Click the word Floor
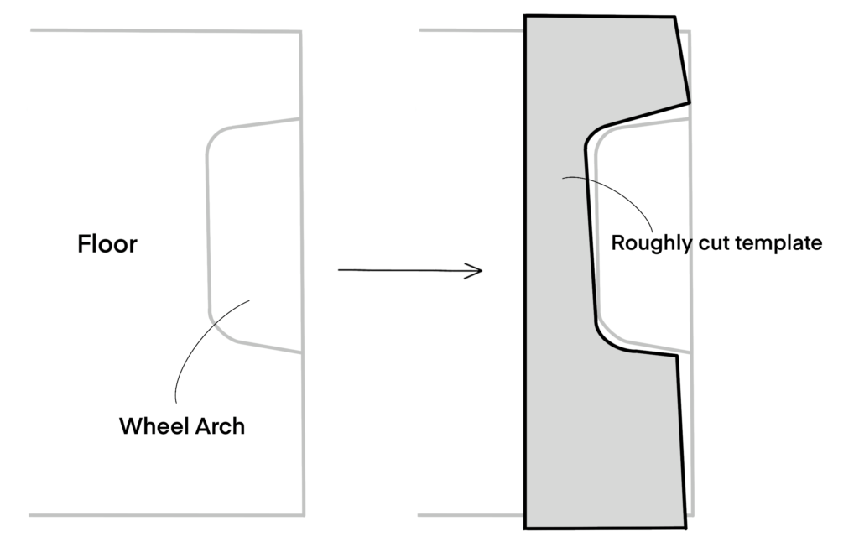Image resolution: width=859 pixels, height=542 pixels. tap(107, 244)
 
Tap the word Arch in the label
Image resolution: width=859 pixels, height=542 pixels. tap(219, 425)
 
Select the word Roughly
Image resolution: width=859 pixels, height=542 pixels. tap(651, 243)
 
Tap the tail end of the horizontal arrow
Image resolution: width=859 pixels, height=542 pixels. tap(340, 270)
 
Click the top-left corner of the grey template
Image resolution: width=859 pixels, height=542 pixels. tap(525, 15)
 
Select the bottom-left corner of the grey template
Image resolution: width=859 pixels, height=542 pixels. tap(525, 528)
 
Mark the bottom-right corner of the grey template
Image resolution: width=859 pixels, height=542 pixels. tap(685, 528)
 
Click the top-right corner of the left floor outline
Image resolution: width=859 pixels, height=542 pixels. tap(300, 33)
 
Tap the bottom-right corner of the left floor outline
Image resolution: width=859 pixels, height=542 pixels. tap(303, 514)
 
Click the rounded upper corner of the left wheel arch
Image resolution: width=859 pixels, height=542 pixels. tap(215, 137)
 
